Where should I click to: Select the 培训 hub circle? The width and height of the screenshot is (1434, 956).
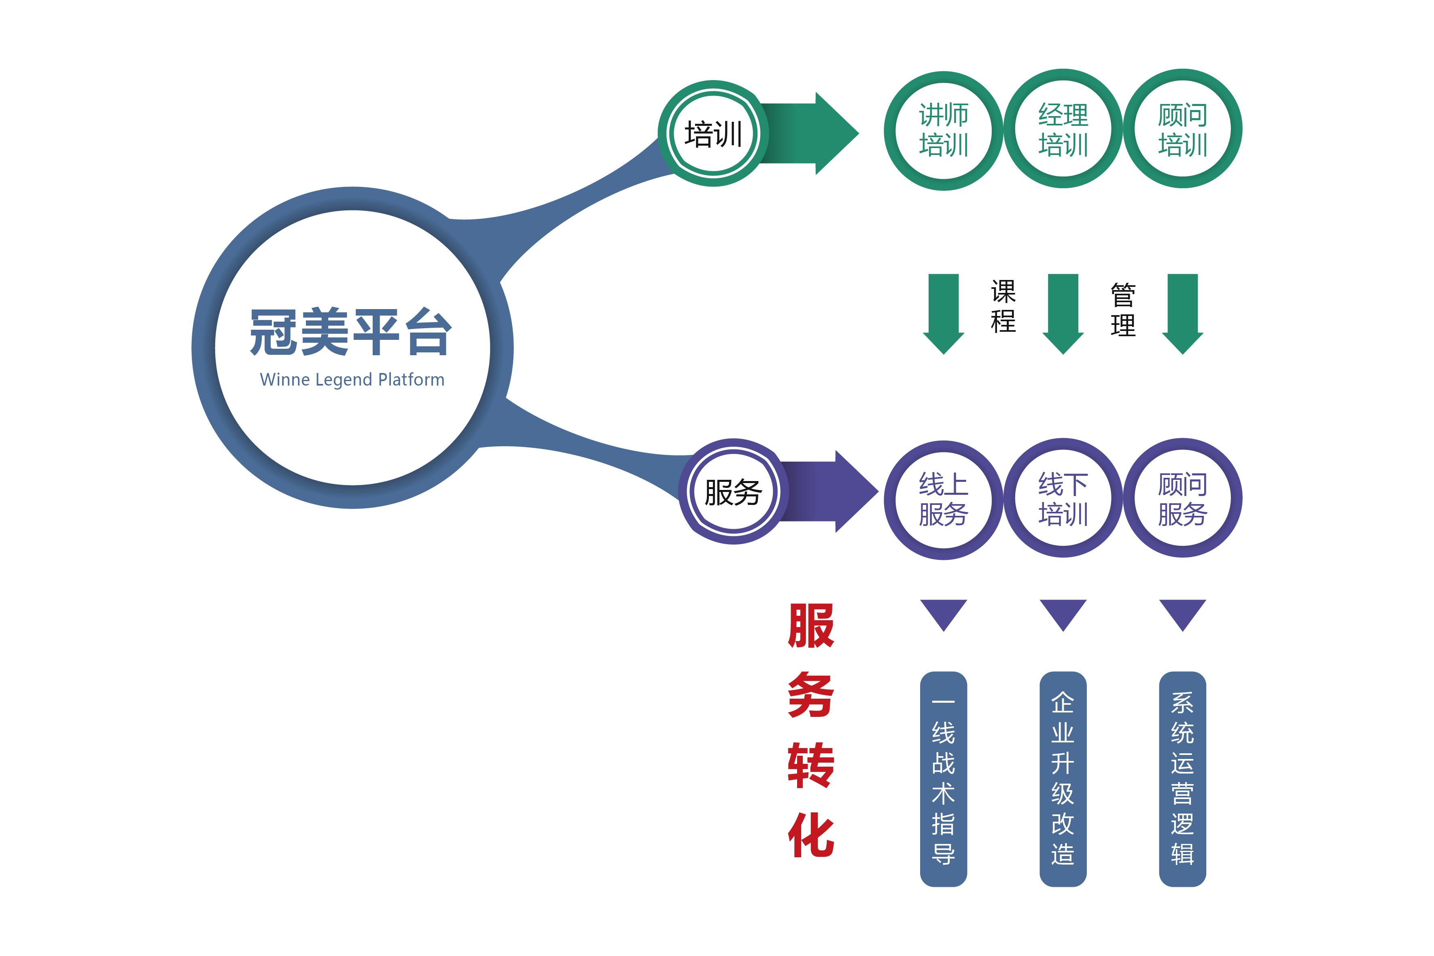713,134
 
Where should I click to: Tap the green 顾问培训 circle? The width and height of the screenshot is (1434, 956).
1182,129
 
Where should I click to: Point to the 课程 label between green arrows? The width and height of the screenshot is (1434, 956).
1003,306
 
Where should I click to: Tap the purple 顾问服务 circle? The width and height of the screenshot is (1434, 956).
1182,498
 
